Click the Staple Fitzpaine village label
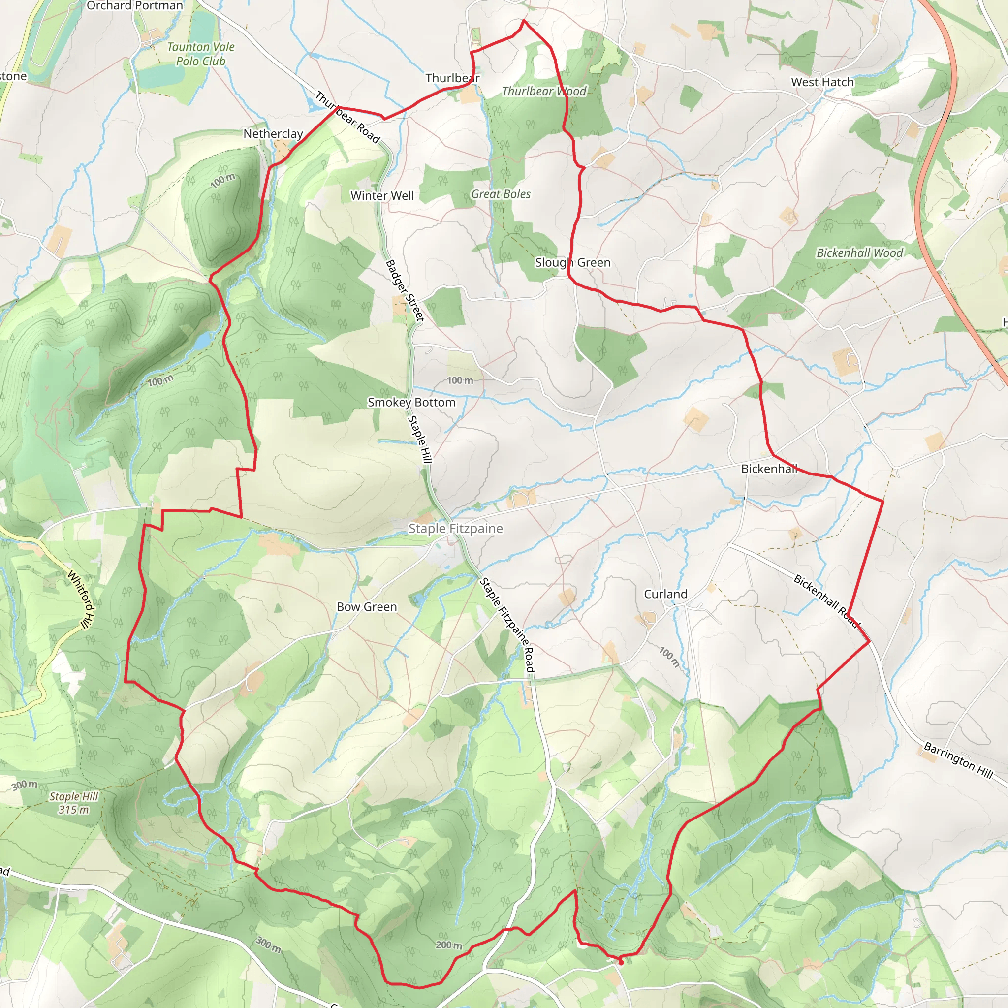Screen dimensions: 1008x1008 tap(455, 529)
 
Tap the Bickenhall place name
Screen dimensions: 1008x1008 tap(769, 469)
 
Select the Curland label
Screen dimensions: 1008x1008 tap(665, 594)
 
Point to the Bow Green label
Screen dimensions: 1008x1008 tap(366, 607)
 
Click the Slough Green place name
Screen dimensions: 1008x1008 tap(572, 262)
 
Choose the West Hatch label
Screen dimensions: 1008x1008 tap(822, 82)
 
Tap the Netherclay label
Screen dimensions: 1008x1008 tap(273, 133)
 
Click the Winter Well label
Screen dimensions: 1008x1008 tap(382, 196)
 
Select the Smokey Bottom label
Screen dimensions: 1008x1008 tap(411, 402)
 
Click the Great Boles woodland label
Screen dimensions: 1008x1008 tap(501, 194)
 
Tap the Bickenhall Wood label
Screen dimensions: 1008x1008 tap(859, 253)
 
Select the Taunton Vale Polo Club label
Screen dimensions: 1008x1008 tap(200, 54)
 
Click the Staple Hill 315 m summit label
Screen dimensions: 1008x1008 tap(73, 803)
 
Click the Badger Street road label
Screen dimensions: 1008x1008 tap(405, 290)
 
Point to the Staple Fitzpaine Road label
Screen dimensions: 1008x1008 tap(507, 625)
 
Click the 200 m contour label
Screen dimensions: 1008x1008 tap(449, 945)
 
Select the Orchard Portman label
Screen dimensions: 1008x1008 tap(134, 6)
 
